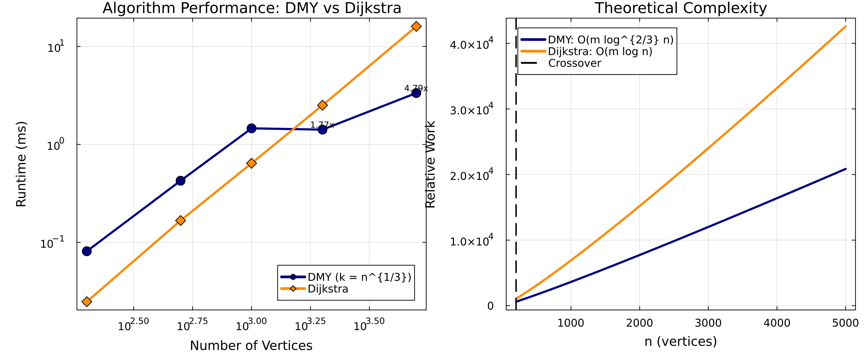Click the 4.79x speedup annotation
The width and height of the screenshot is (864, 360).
(416, 88)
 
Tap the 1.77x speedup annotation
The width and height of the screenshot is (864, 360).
(322, 125)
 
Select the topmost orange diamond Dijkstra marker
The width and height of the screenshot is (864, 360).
(416, 26)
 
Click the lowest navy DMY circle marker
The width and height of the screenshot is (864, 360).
(87, 251)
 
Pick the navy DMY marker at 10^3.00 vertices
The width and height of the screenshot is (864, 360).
(251, 128)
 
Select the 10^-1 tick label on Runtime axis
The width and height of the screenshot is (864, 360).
(52, 243)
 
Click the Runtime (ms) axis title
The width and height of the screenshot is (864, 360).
(21, 164)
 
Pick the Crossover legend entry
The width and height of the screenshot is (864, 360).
(574, 63)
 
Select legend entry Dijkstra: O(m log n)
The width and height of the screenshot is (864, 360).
(600, 51)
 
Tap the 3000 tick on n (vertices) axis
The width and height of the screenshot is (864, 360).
(708, 323)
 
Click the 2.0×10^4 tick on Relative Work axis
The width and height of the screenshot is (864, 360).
(471, 175)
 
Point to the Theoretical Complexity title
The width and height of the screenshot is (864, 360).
(681, 8)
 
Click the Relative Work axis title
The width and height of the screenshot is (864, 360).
(430, 164)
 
